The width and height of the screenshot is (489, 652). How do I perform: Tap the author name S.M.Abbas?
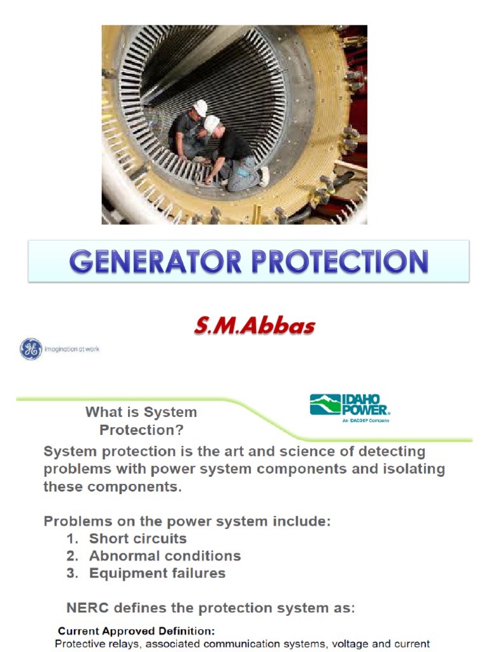255,326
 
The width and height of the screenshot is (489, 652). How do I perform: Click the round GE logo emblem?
31,349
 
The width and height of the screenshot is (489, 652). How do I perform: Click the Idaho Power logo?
350,406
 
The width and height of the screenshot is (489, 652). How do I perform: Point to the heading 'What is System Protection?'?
141,421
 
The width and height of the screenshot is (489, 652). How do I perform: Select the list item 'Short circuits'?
138,539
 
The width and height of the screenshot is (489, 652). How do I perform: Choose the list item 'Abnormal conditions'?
165,556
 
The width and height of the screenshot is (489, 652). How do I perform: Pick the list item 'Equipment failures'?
157,573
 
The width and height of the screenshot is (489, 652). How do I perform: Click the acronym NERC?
87,607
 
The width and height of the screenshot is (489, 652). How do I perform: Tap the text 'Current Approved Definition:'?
136,632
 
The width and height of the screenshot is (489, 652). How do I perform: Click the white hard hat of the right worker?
212,123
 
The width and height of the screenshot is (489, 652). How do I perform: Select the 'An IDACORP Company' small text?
365,420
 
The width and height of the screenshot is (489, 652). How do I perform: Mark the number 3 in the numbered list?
71,573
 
